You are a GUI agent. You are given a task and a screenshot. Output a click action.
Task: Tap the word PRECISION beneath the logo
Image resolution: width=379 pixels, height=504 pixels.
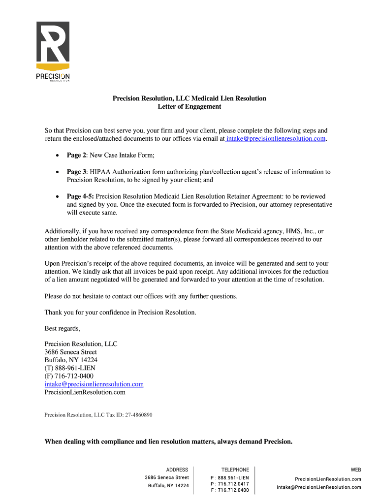53,76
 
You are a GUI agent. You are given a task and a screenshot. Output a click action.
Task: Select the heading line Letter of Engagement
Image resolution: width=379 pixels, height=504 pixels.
189,106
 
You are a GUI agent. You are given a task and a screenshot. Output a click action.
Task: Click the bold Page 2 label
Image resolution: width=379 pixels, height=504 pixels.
77,155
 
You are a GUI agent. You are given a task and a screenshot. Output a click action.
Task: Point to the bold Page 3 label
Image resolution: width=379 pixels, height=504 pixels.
77,172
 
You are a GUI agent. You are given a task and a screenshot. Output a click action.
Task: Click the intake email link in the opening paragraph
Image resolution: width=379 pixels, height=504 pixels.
276,139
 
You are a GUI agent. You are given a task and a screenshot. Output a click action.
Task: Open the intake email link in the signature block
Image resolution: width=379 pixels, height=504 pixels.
94,384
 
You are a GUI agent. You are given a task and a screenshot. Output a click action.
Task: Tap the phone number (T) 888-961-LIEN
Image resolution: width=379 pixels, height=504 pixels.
70,368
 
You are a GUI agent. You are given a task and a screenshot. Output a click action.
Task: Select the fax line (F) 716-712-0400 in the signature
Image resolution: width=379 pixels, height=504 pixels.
69,376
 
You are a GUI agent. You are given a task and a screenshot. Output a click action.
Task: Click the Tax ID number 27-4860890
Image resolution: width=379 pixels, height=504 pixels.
136,415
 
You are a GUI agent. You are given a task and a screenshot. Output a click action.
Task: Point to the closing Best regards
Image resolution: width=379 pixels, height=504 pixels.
62,328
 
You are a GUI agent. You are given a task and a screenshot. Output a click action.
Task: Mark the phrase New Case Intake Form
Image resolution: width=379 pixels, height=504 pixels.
122,155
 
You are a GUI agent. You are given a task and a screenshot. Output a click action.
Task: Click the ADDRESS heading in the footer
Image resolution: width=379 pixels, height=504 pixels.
177,470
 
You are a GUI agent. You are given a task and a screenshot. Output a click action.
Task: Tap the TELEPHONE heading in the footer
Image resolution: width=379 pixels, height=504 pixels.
235,470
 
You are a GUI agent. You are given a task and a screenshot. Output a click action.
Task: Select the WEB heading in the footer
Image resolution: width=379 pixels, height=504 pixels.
355,470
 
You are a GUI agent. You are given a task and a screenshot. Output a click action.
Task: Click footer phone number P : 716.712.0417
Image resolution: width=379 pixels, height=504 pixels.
229,484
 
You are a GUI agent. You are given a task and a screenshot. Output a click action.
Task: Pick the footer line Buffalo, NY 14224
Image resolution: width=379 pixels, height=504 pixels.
168,486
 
